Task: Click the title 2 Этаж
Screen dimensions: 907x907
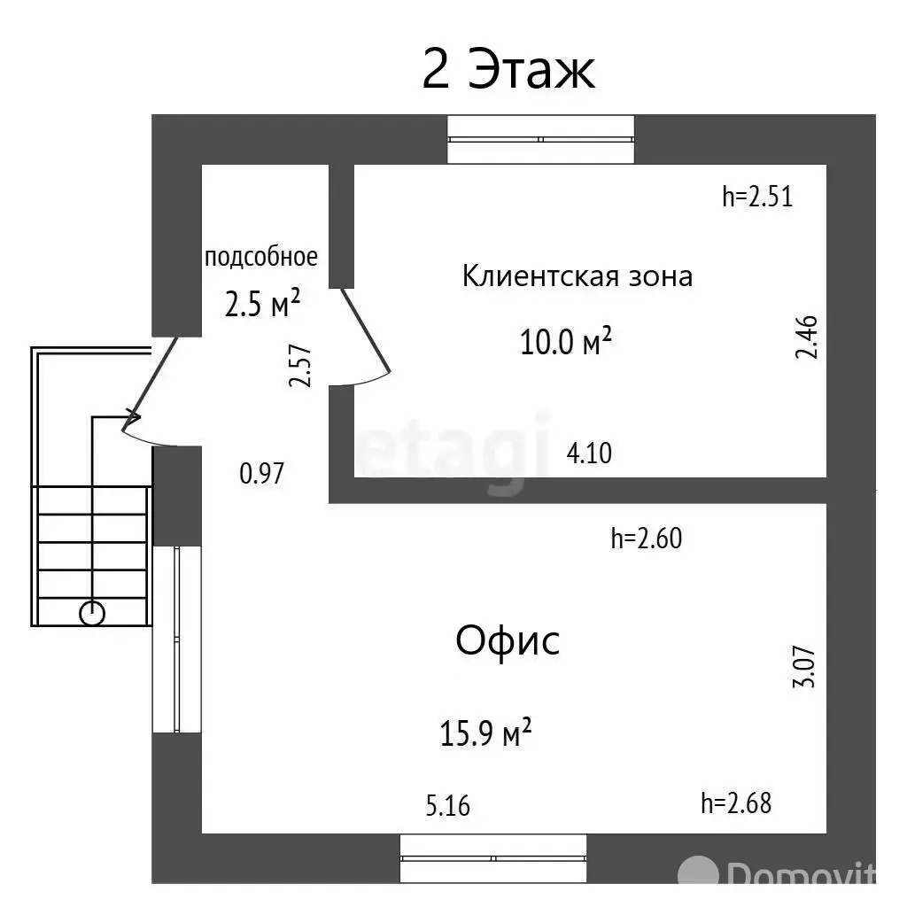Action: click(508, 71)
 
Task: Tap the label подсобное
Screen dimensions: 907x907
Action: click(260, 257)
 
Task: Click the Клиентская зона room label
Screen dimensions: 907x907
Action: click(578, 276)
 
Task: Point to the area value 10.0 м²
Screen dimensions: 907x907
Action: click(568, 341)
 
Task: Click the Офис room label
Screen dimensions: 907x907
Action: click(508, 640)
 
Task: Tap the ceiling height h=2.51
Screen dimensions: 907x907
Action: click(757, 197)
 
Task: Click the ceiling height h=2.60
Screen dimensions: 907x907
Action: click(647, 538)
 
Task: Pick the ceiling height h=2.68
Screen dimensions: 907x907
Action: click(736, 803)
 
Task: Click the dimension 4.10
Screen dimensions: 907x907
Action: click(589, 453)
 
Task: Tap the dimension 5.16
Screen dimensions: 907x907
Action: click(448, 806)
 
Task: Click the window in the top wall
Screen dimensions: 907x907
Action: click(541, 139)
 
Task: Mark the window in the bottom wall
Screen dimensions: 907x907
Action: click(493, 857)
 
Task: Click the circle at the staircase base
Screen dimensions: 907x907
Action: click(92, 613)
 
